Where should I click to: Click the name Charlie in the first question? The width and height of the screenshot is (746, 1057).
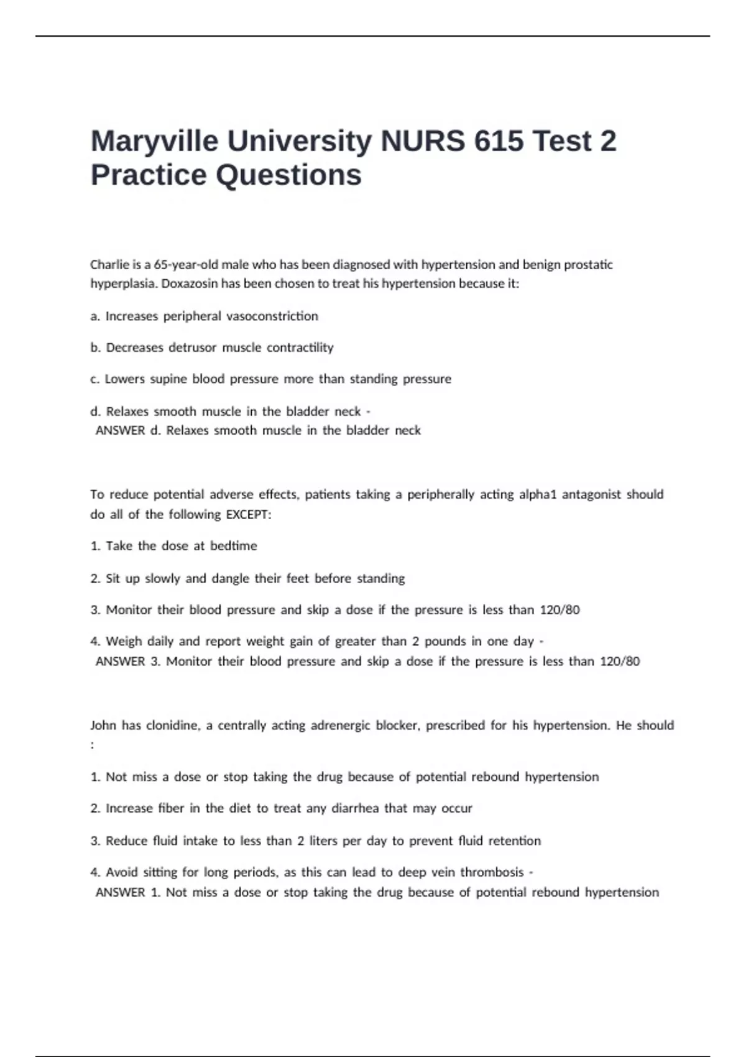(108, 265)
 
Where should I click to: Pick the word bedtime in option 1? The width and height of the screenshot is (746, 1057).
(233, 546)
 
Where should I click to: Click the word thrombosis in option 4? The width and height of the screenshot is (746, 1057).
(492, 872)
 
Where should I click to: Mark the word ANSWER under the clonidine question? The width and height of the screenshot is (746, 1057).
(120, 893)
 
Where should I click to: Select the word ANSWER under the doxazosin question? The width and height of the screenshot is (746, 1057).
(120, 431)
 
